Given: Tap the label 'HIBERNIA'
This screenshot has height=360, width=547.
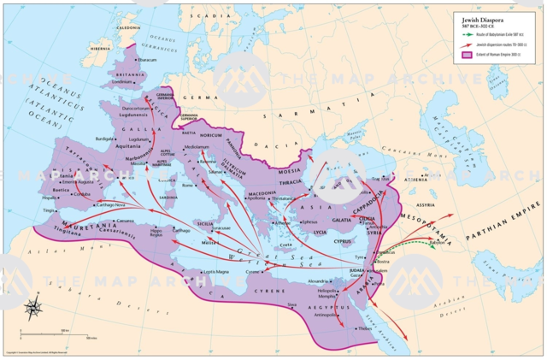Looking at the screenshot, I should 100,50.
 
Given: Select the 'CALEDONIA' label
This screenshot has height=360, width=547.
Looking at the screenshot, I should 128,28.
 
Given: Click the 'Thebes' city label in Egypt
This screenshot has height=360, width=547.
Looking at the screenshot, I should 365,328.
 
